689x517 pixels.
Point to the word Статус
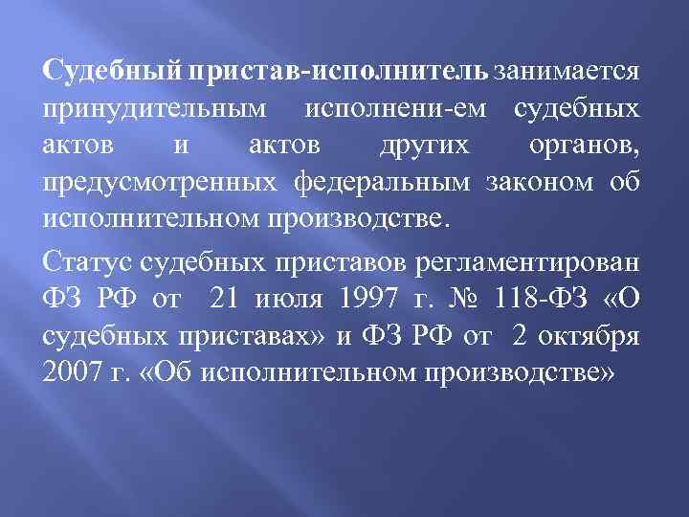pos(85,264)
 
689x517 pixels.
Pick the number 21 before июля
pos(225,300)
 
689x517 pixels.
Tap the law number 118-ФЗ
pos(534,300)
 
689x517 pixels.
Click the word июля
pos(290,300)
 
